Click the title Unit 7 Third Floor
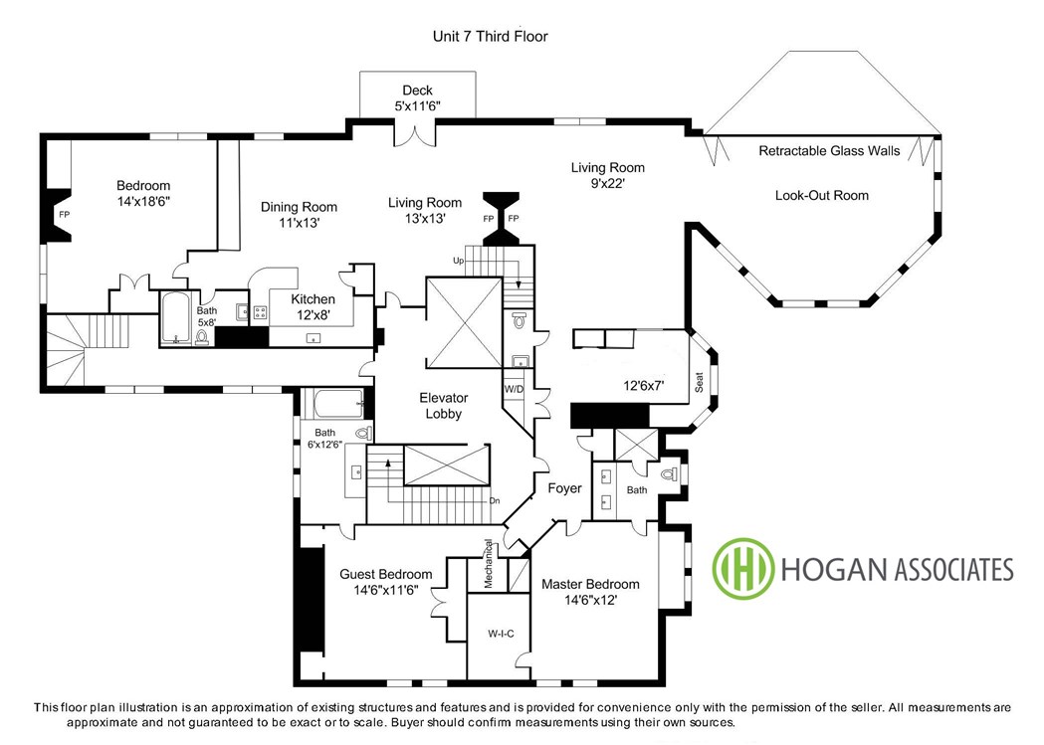490,36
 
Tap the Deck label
417,91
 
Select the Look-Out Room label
822,196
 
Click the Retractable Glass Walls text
829,151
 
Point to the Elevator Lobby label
444,406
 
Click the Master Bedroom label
590,585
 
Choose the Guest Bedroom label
385,574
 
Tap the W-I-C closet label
501,634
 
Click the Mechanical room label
488,563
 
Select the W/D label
514,389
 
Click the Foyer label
564,488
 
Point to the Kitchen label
313,299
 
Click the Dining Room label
299,207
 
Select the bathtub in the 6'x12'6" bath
338,404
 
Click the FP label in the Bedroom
64,215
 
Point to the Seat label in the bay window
699,382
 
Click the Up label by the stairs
458,261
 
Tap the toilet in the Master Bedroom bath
669,474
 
